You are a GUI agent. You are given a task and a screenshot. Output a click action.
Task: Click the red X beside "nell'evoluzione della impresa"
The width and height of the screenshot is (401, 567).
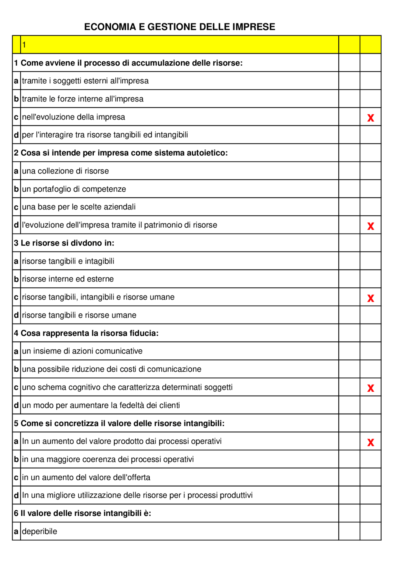[x=371, y=118]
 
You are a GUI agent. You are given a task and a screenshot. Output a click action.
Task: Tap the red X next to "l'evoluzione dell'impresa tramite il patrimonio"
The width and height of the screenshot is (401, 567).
[x=371, y=226]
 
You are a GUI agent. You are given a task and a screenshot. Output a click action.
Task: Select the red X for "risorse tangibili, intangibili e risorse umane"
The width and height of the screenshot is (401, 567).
[x=371, y=298]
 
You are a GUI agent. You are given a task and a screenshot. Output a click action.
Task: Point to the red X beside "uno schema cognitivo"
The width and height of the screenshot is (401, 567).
[x=371, y=388]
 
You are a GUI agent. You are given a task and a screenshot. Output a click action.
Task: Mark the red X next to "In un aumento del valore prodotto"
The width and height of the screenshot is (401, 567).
[x=371, y=442]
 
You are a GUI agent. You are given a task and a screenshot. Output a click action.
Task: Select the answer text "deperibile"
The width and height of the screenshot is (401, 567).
[x=39, y=531]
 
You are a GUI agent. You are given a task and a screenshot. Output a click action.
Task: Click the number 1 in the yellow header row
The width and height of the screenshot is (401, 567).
[x=24, y=45]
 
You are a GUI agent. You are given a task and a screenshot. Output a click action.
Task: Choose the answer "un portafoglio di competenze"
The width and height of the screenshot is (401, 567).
[x=74, y=189]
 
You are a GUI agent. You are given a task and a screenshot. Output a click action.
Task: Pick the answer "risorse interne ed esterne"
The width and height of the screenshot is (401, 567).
[x=68, y=279]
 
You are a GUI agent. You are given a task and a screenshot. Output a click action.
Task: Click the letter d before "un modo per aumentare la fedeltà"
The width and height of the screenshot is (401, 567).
[x=16, y=405]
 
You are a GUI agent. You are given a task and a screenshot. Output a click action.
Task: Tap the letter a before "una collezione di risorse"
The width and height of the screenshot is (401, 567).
[x=16, y=171]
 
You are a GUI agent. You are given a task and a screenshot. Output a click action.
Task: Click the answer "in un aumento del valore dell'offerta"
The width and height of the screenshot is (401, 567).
[x=86, y=477]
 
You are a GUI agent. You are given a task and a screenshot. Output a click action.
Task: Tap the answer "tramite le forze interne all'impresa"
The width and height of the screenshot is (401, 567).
[x=83, y=99]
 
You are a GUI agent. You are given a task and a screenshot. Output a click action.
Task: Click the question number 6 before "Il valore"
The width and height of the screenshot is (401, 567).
[x=16, y=513]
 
